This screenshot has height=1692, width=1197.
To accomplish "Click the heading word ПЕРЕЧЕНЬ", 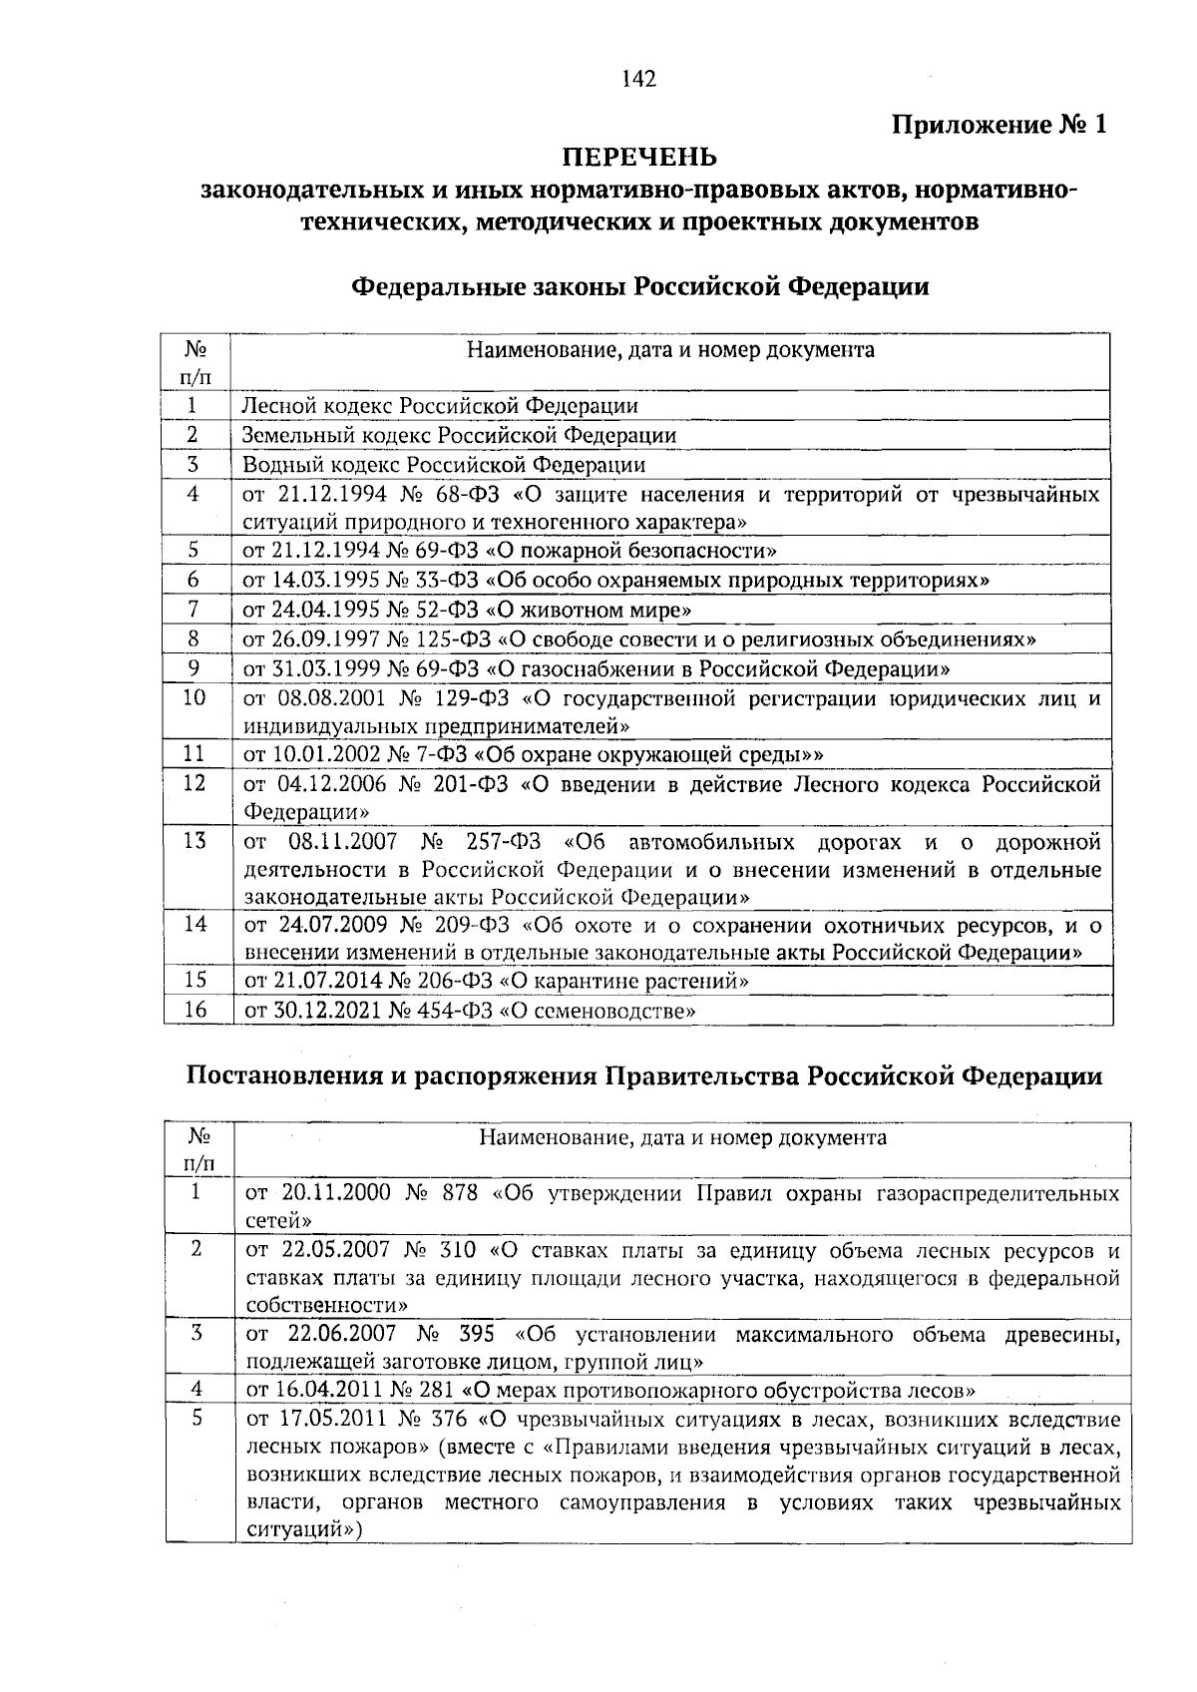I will click(x=639, y=158).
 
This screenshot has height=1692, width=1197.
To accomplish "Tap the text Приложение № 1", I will click(x=999, y=126).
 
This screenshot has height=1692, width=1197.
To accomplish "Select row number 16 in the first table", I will click(x=195, y=1010).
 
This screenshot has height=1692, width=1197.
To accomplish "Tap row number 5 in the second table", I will click(x=197, y=1418).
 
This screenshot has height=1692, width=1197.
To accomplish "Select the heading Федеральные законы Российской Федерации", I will click(x=638, y=287).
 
